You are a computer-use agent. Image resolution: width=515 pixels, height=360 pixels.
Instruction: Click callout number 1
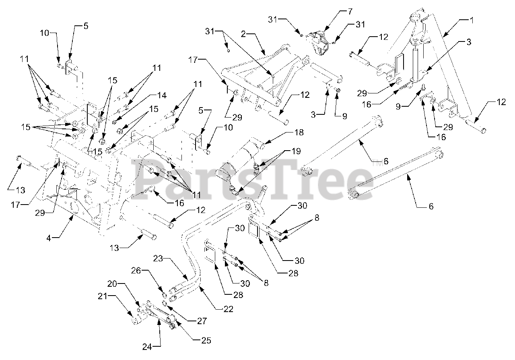(470, 19)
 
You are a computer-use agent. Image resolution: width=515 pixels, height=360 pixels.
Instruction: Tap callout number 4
(49, 238)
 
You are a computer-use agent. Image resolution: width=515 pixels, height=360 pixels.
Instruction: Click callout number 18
(299, 132)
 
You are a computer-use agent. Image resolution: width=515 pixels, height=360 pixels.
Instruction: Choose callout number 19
(296, 152)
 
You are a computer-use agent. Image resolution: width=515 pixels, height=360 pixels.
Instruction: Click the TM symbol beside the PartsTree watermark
(377, 163)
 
